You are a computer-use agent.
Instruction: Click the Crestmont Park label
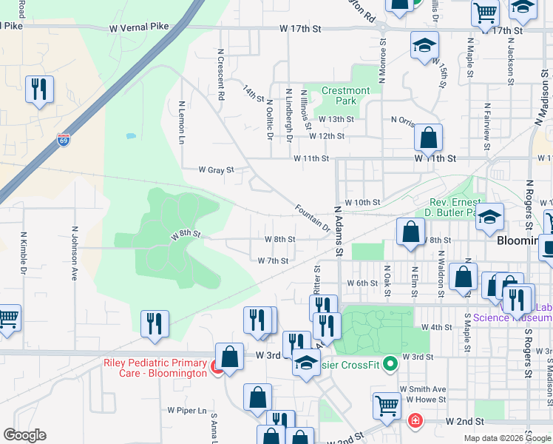click(345, 95)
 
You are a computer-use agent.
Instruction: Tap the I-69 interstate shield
click(64, 140)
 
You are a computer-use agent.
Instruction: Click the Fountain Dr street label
click(311, 218)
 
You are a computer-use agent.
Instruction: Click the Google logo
click(25, 434)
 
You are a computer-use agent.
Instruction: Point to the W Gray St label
click(216, 169)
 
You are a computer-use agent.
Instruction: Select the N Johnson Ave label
click(74, 253)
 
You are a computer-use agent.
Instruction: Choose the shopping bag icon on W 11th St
click(429, 137)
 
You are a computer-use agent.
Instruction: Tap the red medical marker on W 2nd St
click(415, 421)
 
